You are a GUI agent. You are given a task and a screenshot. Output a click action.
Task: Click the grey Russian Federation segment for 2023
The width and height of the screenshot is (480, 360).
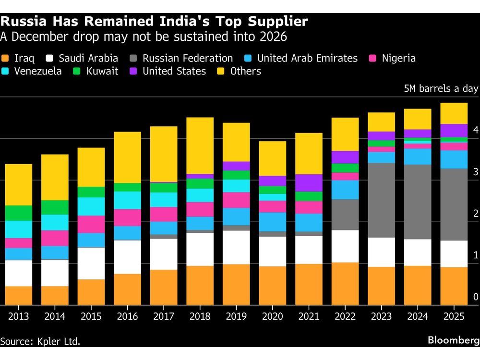click(381, 200)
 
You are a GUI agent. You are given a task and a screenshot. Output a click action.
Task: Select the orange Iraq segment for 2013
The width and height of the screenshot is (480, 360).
click(18, 295)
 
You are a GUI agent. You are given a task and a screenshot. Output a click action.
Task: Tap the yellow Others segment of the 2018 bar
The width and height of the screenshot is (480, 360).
click(200, 145)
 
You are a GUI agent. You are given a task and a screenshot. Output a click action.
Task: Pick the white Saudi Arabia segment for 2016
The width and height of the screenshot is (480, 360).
click(127, 257)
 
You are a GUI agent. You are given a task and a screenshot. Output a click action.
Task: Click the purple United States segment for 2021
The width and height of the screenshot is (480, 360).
click(309, 183)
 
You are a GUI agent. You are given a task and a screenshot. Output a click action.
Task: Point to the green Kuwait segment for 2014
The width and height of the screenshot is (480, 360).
click(55, 207)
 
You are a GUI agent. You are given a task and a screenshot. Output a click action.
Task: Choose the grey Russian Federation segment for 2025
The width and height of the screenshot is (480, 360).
click(454, 204)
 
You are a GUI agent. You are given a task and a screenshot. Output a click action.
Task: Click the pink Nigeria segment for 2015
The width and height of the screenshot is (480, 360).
click(91, 224)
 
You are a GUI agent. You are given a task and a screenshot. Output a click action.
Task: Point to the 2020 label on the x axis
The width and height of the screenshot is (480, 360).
click(272, 317)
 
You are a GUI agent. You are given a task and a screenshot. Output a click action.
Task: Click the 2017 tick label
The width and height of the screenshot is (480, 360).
click(163, 317)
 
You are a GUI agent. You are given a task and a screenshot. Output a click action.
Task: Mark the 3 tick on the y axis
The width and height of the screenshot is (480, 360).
click(476, 171)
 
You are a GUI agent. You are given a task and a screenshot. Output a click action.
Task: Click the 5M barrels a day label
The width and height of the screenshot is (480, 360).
click(441, 88)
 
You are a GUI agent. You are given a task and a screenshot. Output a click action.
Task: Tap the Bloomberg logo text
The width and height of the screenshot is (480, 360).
click(454, 340)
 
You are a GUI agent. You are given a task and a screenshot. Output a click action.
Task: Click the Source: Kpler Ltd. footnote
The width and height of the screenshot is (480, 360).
click(40, 341)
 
